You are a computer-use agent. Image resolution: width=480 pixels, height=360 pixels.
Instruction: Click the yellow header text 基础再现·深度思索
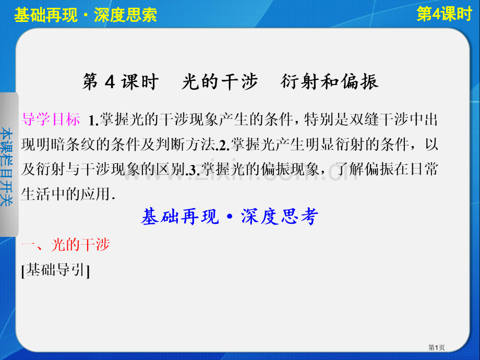click(x=86, y=15)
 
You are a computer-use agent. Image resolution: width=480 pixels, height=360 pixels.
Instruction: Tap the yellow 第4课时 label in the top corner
click(x=444, y=14)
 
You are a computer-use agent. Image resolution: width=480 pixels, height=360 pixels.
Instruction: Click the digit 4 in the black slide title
click(x=110, y=82)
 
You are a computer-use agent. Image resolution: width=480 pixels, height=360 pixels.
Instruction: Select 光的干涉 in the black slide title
click(x=220, y=82)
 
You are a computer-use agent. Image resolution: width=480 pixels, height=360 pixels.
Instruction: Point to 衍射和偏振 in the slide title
click(x=329, y=82)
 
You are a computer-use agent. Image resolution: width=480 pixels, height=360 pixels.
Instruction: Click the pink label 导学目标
click(x=51, y=119)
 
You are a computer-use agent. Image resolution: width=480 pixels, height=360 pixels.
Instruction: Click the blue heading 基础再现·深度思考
click(x=230, y=217)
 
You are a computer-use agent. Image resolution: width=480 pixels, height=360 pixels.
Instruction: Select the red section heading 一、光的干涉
click(x=66, y=245)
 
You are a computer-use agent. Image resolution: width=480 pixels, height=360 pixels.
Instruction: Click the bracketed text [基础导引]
click(x=56, y=270)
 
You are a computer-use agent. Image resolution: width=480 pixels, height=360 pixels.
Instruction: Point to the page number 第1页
click(x=436, y=347)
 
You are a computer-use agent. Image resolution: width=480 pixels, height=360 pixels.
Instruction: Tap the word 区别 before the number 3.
click(x=171, y=169)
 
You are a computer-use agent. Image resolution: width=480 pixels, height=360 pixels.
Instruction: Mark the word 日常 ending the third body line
click(x=424, y=169)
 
